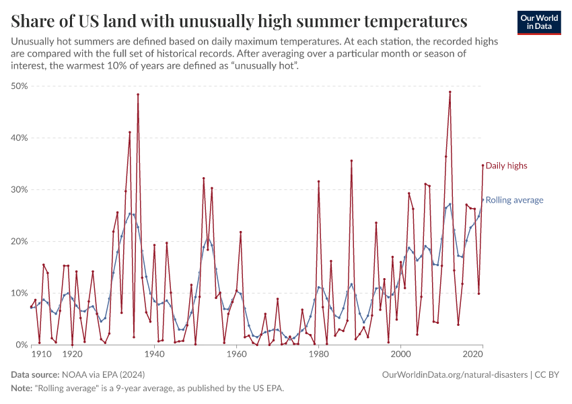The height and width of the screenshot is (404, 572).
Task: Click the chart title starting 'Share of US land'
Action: pyautogui.click(x=240, y=20)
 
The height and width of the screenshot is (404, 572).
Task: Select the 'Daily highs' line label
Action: pyautogui.click(x=506, y=166)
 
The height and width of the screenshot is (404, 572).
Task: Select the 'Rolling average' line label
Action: pyautogui.click(x=514, y=200)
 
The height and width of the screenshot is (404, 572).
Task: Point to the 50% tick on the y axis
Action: pyautogui.click(x=18, y=86)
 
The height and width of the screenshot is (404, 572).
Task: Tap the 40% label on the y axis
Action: pyautogui.click(x=18, y=138)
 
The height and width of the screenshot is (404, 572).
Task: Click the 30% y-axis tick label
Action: pyautogui.click(x=18, y=190)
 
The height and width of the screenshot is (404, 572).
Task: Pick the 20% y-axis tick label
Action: pyautogui.click(x=18, y=242)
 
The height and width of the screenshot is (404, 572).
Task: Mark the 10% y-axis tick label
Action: pyautogui.click(x=18, y=294)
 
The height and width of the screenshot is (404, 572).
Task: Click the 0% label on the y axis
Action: pyautogui.click(x=21, y=345)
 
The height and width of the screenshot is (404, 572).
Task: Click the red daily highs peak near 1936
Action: pyautogui.click(x=138, y=94)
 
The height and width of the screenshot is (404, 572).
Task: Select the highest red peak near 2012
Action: pyautogui.click(x=450, y=92)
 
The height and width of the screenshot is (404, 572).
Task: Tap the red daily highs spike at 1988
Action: pyautogui.click(x=351, y=161)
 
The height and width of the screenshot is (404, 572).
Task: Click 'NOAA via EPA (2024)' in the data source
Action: pyautogui.click(x=103, y=374)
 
